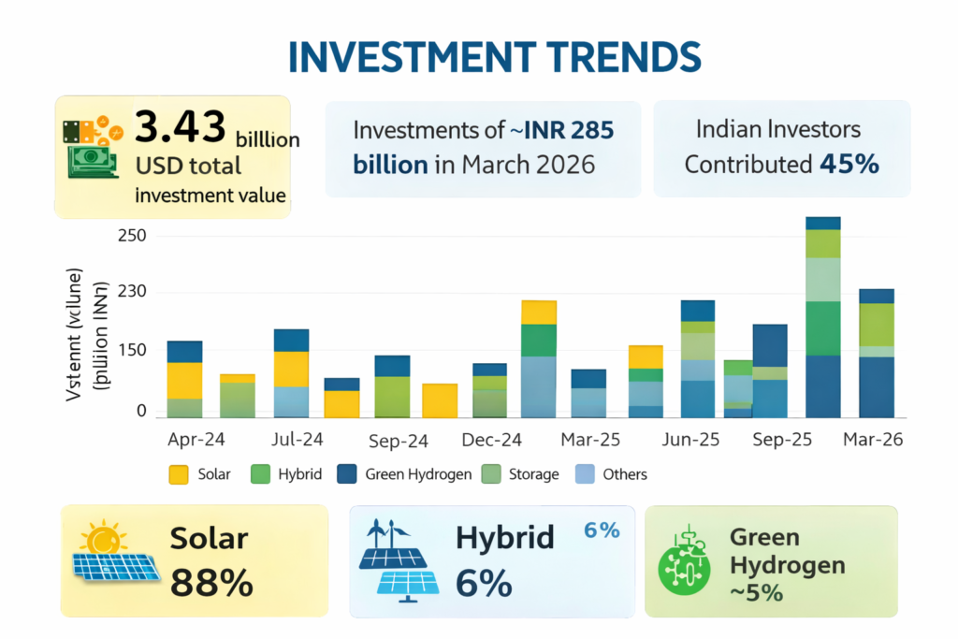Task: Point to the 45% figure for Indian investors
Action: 849,165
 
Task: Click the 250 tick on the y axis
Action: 132,235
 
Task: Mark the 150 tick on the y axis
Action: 132,350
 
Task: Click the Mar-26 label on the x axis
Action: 872,440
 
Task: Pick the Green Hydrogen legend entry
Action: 404,474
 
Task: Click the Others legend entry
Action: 612,474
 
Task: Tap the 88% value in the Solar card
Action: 211,582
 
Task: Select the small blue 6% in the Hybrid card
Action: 602,530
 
